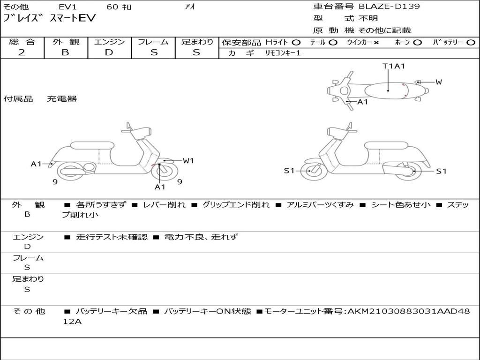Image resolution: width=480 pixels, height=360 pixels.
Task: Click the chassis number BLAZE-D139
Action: point(389,7)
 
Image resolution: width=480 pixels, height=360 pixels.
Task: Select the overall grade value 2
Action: point(22,52)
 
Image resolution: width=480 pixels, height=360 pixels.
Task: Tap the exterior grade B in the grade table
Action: point(65,52)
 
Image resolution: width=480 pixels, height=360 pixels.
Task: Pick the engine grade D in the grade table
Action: point(109,52)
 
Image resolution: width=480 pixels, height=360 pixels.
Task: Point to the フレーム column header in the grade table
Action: point(153,42)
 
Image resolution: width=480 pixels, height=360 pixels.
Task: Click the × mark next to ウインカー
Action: point(376,43)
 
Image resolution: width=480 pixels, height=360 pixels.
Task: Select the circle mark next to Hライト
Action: point(296,43)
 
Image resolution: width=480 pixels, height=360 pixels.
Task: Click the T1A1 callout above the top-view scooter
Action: point(394,66)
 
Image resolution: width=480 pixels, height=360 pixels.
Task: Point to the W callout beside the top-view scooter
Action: point(439,82)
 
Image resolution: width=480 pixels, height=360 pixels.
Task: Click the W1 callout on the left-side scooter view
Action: point(188,161)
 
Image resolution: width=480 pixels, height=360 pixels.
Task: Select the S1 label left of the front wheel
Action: point(289,171)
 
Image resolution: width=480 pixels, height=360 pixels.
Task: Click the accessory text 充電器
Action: point(62,99)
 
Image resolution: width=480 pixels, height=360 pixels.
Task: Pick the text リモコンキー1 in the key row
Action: point(283,53)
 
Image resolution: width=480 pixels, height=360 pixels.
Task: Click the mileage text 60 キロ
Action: point(119,7)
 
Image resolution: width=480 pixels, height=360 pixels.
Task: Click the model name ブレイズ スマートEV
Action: point(49,18)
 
